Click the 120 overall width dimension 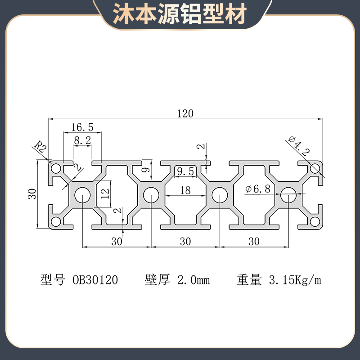(x=185, y=113)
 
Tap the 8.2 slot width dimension (x=82, y=141)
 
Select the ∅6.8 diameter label (x=258, y=189)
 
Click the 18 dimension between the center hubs (x=185, y=190)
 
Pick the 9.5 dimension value (x=185, y=171)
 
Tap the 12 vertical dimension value (x=104, y=193)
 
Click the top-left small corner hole (x=56, y=169)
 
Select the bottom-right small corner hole (x=315, y=221)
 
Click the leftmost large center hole (x=82, y=195)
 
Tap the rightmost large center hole (x=288, y=195)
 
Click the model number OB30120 (x=95, y=280)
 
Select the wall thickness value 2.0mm (x=193, y=280)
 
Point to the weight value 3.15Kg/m (x=295, y=280)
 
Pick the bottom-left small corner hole (x=56, y=221)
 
